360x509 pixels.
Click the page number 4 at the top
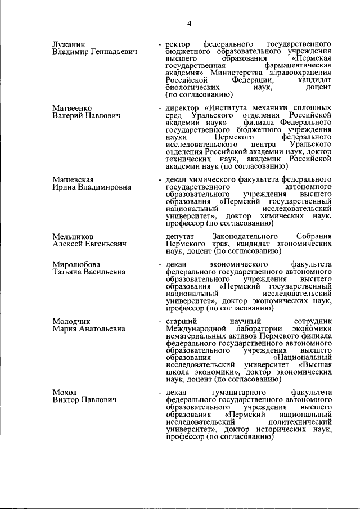(190, 23)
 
